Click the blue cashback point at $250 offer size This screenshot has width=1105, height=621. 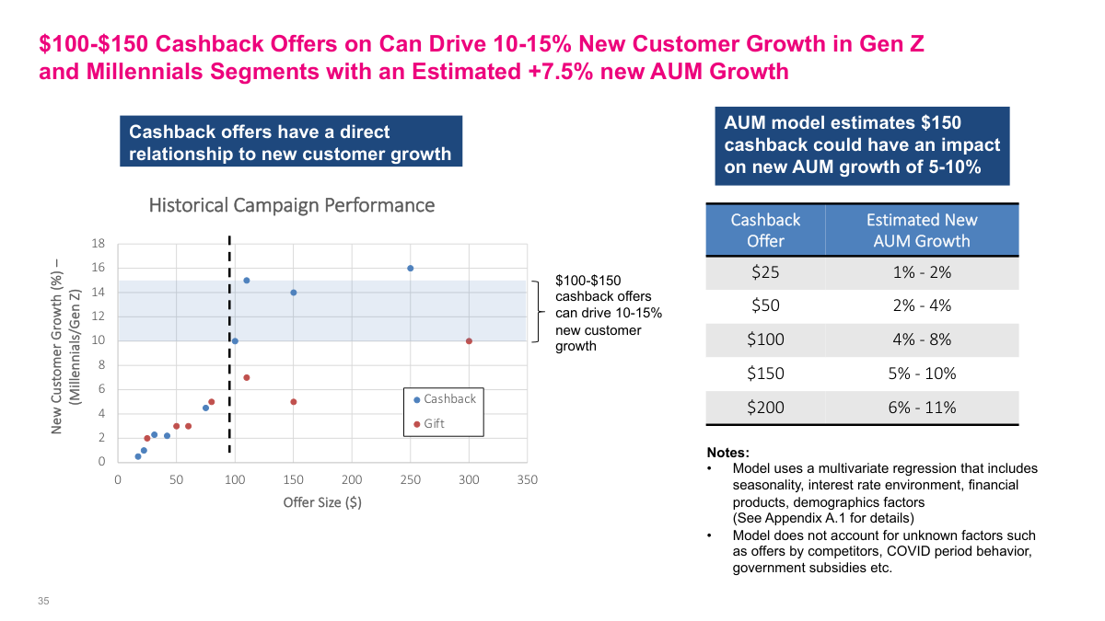[x=410, y=268]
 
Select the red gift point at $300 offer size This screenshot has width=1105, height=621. [x=469, y=341]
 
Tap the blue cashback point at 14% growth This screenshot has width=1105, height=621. [x=294, y=293]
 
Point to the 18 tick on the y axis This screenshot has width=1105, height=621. [x=99, y=244]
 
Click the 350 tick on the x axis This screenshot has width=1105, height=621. [x=527, y=480]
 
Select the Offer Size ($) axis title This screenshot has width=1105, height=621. [x=322, y=502]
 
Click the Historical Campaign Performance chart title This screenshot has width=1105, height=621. [x=291, y=205]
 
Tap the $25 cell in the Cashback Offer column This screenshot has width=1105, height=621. [x=765, y=272]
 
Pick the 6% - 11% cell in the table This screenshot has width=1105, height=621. [x=921, y=408]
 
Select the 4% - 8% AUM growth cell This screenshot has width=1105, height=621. [x=921, y=339]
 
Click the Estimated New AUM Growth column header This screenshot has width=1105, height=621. [x=921, y=230]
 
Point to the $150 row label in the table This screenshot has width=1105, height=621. [x=765, y=374]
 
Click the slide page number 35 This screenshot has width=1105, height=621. [x=42, y=601]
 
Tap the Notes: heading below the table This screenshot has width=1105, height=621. [x=727, y=453]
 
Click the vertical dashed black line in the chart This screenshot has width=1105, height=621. [x=229, y=368]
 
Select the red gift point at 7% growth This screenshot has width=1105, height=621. [x=247, y=377]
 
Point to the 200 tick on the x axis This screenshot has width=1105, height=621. [x=352, y=480]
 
